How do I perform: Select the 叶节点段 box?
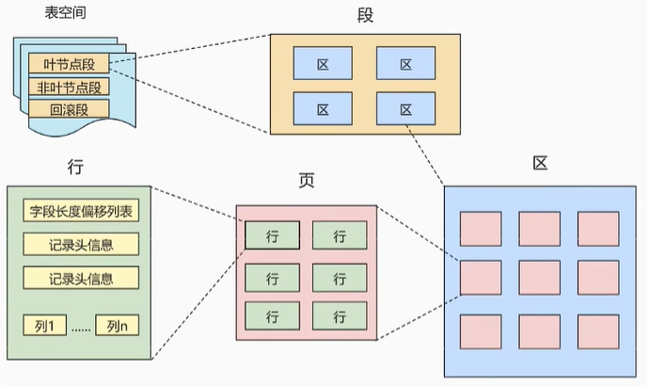point(69,64)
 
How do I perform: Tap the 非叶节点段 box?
point(69,87)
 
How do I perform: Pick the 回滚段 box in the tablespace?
point(69,109)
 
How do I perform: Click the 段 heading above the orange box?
point(365,16)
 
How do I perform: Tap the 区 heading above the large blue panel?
point(540,163)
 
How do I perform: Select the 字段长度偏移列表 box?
point(81,210)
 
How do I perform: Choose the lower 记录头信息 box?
point(81,278)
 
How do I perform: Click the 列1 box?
point(44,326)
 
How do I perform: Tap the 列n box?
point(117,326)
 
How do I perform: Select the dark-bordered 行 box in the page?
point(273,235)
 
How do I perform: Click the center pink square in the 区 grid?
point(540,278)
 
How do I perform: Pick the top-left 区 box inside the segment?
point(323,64)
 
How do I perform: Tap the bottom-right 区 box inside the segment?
point(405,109)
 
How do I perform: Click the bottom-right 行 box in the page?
point(340,314)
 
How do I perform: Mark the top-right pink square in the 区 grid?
point(598,228)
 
